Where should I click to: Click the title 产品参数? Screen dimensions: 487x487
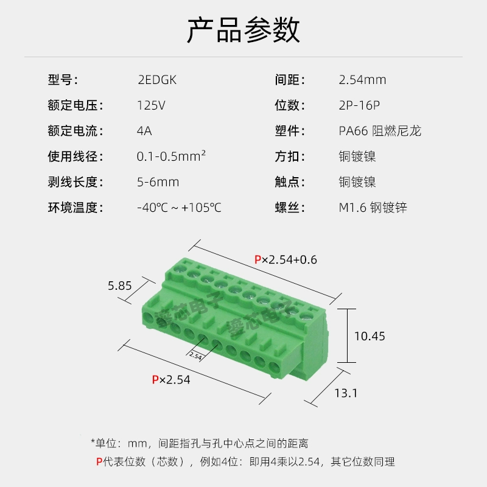click(x=243, y=30)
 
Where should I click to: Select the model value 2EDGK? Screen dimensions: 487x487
click(x=157, y=80)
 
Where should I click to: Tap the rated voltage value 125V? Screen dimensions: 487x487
click(x=151, y=105)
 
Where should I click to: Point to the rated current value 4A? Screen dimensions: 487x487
click(x=144, y=131)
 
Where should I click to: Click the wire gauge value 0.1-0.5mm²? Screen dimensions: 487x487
click(x=171, y=156)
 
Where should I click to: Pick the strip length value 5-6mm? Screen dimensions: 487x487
click(x=158, y=182)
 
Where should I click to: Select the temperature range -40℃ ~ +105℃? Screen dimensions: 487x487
click(x=179, y=208)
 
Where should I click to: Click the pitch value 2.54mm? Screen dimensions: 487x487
click(x=362, y=80)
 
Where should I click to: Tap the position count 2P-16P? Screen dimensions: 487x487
click(x=359, y=105)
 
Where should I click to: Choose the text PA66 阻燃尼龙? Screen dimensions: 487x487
click(x=380, y=131)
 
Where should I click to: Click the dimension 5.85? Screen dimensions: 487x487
click(x=119, y=285)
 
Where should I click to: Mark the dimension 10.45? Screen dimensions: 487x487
click(x=370, y=336)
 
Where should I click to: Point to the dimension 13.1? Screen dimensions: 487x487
click(x=346, y=393)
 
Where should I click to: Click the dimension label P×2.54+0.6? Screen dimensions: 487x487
click(x=286, y=260)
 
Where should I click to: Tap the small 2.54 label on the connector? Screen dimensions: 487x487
click(x=195, y=356)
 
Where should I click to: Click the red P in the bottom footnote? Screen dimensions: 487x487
click(x=99, y=461)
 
